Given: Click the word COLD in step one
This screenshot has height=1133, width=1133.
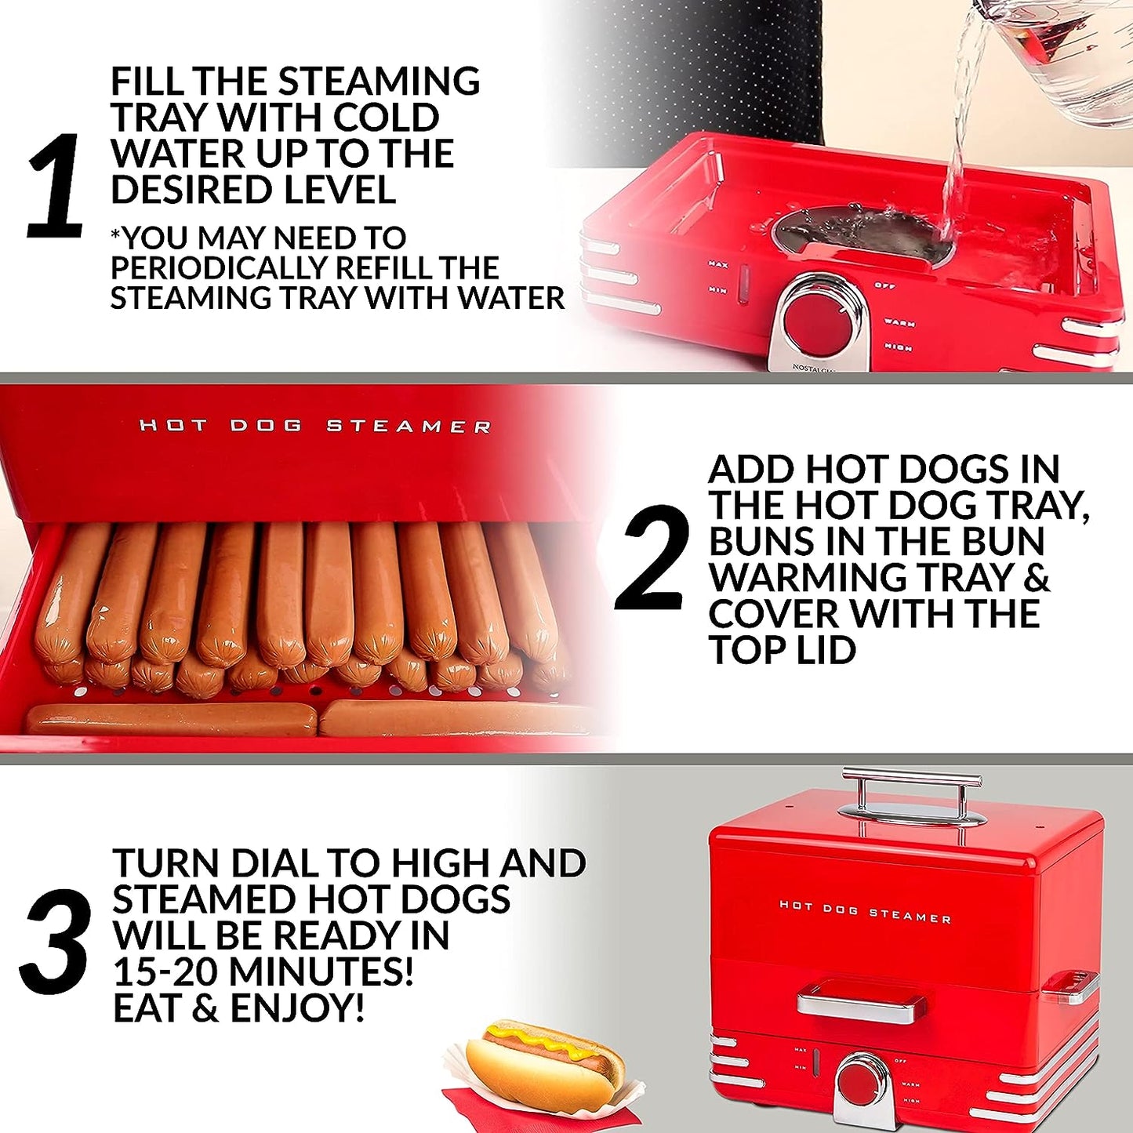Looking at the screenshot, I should click(386, 118).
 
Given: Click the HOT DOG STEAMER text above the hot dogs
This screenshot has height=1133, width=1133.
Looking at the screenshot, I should click(315, 427).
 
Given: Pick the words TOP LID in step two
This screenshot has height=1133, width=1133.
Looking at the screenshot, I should click(782, 650).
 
